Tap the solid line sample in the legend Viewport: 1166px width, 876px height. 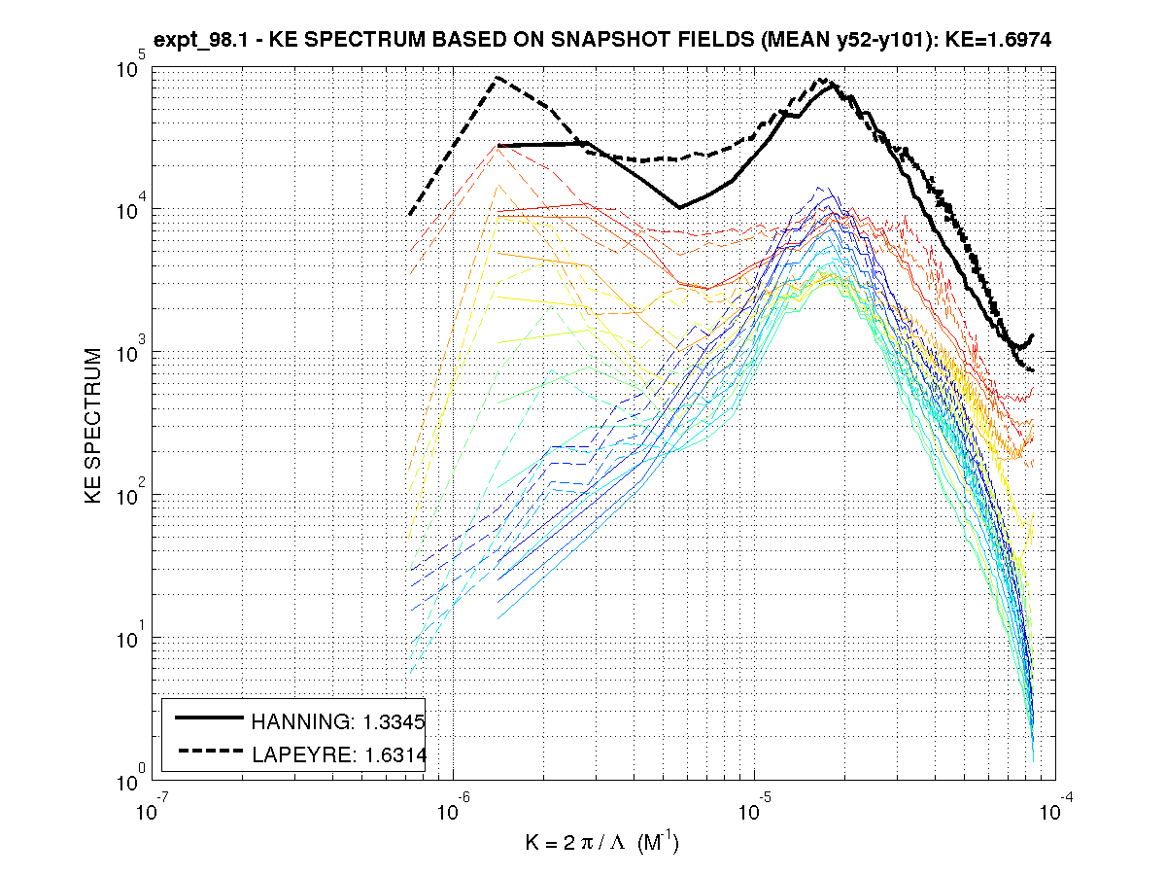(x=208, y=718)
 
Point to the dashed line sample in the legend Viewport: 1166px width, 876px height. (x=208, y=751)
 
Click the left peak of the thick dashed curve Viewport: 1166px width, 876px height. (x=498, y=77)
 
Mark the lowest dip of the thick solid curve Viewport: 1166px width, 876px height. (x=679, y=207)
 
